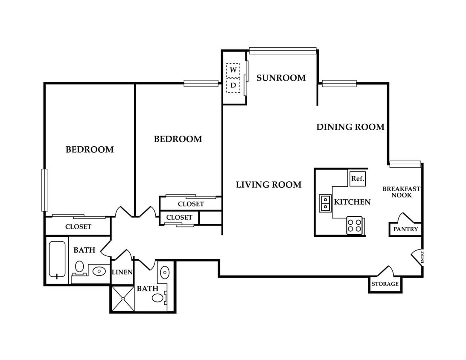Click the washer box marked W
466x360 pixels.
coord(233,70)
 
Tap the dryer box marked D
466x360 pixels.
coord(233,86)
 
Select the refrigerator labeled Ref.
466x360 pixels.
coord(358,179)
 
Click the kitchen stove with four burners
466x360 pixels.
coord(355,225)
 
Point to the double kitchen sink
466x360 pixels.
coord(325,203)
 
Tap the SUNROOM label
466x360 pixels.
coord(281,78)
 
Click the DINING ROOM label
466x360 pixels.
coord(350,127)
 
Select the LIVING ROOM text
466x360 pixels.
coord(269,185)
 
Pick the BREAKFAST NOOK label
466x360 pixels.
coord(402,192)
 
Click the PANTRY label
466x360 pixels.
coord(406,229)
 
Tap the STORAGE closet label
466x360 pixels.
coord(385,284)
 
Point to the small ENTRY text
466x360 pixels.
coord(422,257)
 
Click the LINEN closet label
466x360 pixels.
coord(122,272)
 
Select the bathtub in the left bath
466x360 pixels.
coord(57,260)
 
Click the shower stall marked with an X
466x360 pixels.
coord(123,299)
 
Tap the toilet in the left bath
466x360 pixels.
coord(79,267)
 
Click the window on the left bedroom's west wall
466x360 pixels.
coord(44,190)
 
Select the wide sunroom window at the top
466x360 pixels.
coord(283,50)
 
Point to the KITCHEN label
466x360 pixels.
coord(352,202)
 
